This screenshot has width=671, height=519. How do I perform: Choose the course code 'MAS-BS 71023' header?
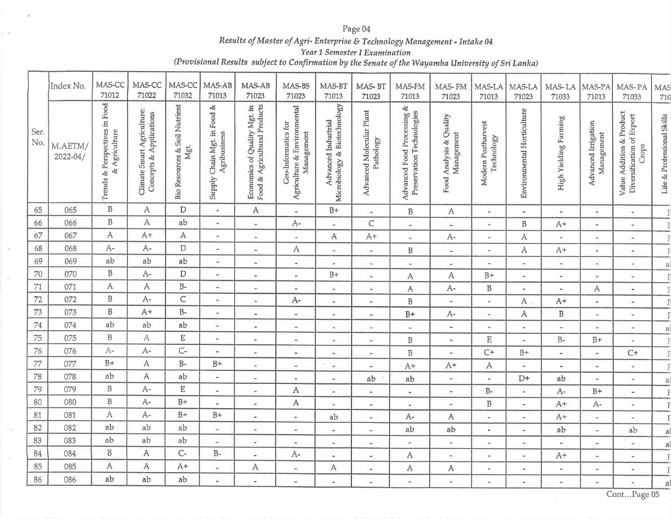(295, 90)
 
